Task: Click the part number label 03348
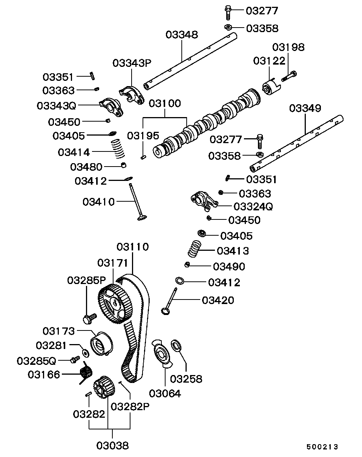tap(181, 35)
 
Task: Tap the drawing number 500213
tap(322, 447)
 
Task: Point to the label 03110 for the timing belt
tap(132, 247)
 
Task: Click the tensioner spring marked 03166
tap(87, 373)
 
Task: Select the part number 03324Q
tap(253, 207)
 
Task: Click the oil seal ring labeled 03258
tap(176, 344)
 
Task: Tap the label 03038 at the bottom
tap(112, 446)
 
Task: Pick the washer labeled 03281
tap(86, 353)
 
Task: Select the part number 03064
tap(165, 394)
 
